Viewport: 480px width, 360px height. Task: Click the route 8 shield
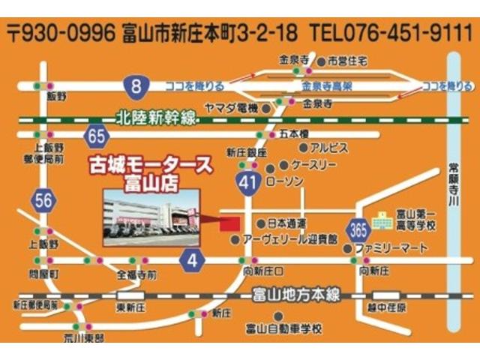[x=136, y=87]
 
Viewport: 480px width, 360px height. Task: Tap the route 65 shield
[x=96, y=136]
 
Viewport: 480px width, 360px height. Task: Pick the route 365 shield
[x=358, y=228]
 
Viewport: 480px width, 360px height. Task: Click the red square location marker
[x=229, y=223]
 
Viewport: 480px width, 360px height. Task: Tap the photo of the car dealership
[x=151, y=218]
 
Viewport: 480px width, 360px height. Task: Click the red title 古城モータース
[x=151, y=166]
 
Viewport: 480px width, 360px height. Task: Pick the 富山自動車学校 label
[x=283, y=328]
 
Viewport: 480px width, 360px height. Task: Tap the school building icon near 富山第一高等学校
[x=382, y=217]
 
